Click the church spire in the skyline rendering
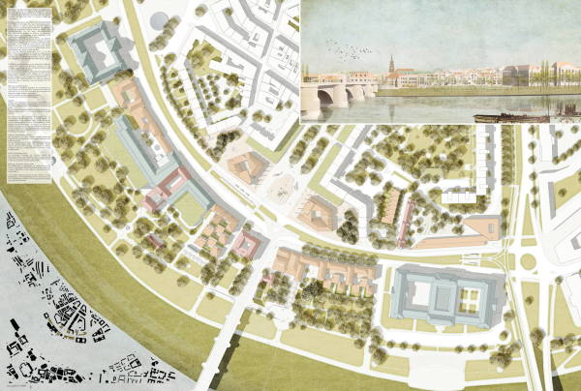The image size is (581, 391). coord(390,66)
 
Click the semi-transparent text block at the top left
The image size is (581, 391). coord(28,92)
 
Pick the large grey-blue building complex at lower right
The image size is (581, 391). coord(448,296)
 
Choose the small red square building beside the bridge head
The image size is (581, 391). coord(244,244)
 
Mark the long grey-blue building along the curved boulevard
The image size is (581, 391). coord(145,145)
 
